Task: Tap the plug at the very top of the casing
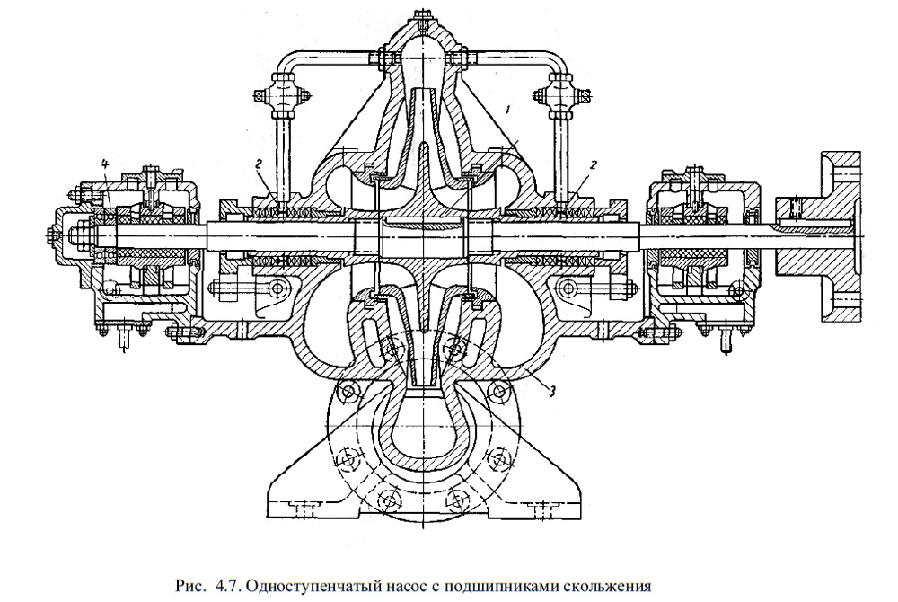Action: click(x=423, y=20)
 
